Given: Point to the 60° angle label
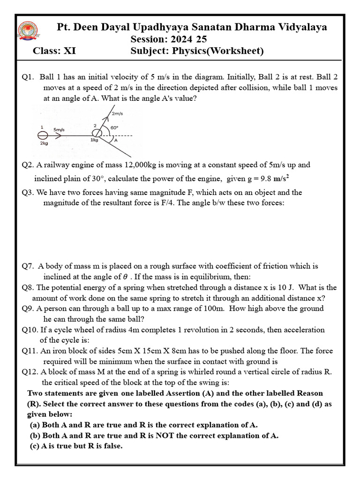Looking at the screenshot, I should click(x=114, y=127).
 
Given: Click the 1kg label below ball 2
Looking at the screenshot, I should click(x=95, y=140).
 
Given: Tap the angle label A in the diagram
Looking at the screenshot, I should click(x=115, y=140).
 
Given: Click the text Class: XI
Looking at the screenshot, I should click(x=54, y=51).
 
